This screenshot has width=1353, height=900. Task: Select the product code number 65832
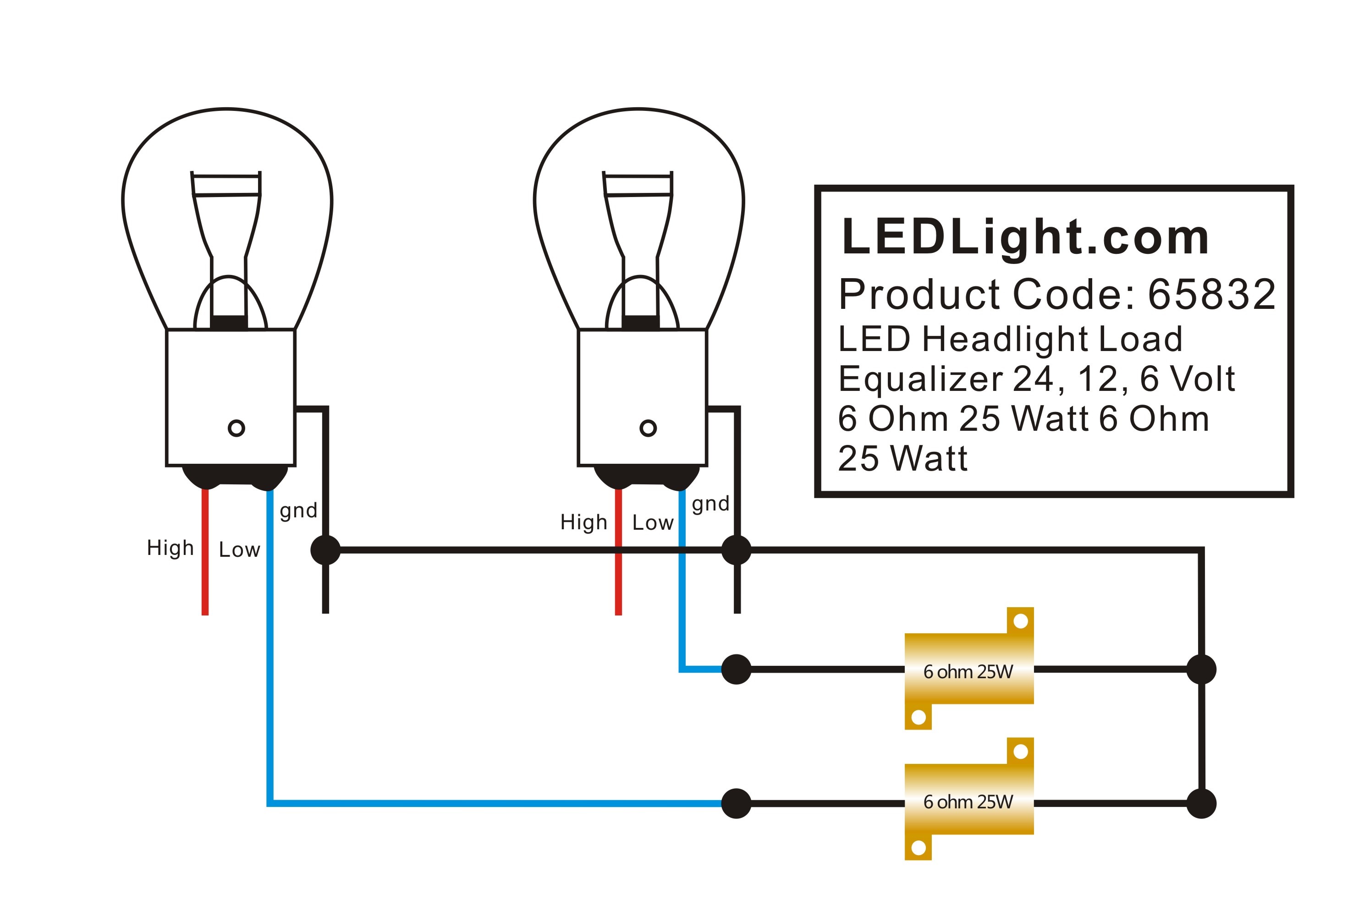pos(1211,295)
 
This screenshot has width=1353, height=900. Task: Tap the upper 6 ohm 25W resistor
pos(969,668)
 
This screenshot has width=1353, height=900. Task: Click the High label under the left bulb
pos(170,548)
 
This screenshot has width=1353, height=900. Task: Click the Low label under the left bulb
pos(239,550)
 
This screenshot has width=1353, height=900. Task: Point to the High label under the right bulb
pos(584,522)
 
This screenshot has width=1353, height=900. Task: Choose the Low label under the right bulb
pos(653,523)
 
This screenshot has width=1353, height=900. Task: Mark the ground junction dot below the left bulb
pos(325,550)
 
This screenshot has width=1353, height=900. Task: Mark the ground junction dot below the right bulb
pos(737,550)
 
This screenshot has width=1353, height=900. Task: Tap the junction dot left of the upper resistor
pos(737,669)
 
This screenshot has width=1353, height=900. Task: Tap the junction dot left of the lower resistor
pos(737,803)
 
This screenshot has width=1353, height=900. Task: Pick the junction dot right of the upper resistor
pos(1201,669)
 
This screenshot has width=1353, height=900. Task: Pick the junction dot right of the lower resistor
pos(1201,803)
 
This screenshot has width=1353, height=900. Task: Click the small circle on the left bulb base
pos(236,428)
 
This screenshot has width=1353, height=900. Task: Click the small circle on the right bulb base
pos(648,428)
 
